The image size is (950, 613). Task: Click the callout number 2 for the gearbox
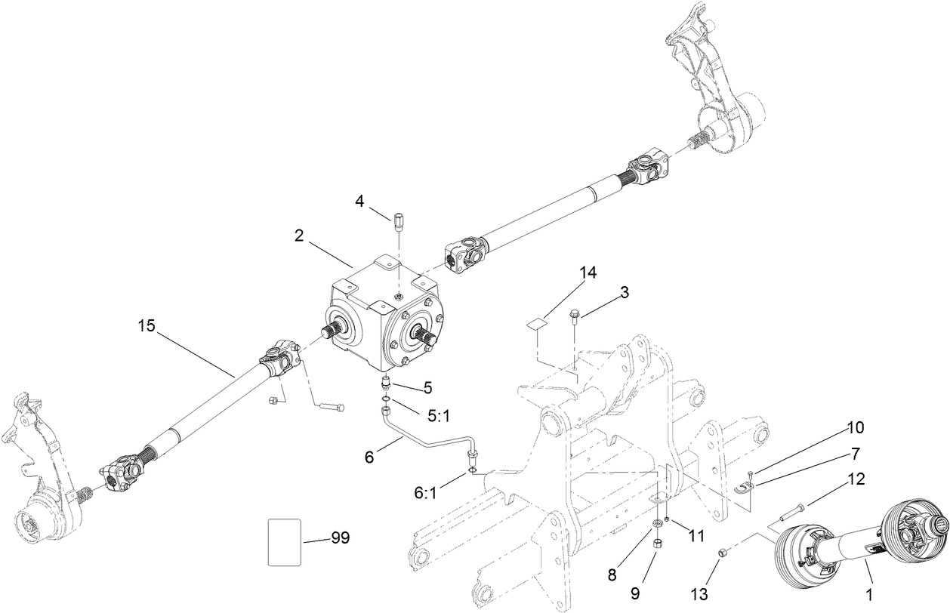(x=299, y=236)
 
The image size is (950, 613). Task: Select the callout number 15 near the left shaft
(x=147, y=327)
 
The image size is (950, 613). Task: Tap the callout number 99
(x=340, y=538)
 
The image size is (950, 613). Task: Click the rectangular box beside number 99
(x=285, y=541)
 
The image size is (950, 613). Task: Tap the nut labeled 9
(x=656, y=544)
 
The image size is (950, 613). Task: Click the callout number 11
(x=696, y=535)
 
